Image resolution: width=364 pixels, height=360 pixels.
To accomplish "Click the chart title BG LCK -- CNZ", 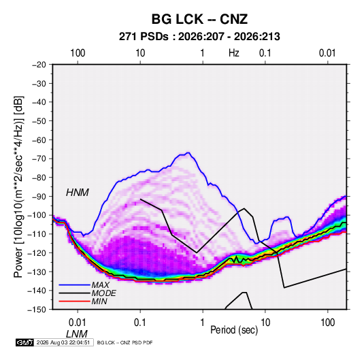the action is [199, 19].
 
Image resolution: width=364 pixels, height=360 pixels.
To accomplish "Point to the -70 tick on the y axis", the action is [39, 159].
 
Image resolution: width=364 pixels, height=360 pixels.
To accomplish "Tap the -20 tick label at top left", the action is [39, 65].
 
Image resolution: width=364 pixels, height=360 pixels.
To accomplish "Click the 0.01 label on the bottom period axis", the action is [78, 323].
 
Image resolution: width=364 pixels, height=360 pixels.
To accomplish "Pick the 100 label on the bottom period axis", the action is [327, 323].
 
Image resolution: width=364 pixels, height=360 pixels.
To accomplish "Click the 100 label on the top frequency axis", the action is [78, 53].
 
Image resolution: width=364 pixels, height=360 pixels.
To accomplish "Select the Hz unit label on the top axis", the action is [234, 53].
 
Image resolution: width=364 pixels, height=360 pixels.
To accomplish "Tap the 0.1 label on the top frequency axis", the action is [265, 53].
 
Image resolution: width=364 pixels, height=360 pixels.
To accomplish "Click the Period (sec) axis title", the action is [234, 330].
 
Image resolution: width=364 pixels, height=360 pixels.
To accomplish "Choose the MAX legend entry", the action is [100, 285].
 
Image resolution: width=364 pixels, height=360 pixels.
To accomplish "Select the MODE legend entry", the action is [104, 293].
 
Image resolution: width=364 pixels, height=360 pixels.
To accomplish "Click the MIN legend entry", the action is [99, 301].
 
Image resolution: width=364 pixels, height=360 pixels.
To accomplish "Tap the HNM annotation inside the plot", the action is [78, 193].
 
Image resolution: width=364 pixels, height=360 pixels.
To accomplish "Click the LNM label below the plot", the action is [77, 334].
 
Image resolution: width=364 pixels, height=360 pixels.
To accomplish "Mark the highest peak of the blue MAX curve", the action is [188, 153].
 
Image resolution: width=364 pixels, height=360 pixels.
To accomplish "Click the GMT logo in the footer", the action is [24, 342].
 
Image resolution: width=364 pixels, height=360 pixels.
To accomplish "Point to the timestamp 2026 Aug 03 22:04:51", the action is [63, 342].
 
